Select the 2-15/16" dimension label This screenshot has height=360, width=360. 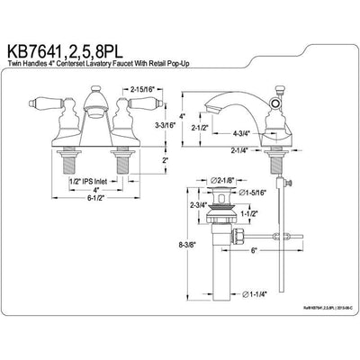(145, 91)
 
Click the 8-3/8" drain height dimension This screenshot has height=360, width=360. (186, 244)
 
